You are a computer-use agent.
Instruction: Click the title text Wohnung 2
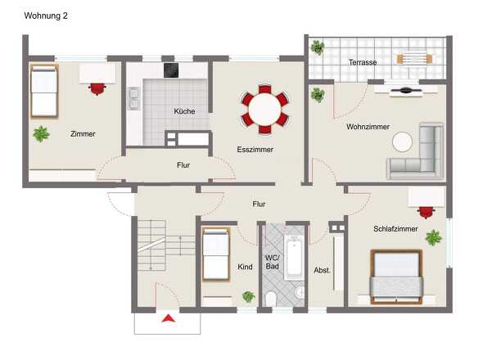47,16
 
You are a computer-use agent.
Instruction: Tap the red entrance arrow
168,319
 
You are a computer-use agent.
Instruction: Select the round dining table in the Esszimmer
264,108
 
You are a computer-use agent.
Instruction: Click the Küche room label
184,111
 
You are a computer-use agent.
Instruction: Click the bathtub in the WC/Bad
294,259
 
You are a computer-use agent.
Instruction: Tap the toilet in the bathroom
271,299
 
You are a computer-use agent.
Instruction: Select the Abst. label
322,268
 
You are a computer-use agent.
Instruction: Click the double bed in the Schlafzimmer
396,277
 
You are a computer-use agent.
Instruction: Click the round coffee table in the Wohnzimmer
402,142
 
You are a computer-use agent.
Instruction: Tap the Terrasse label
363,61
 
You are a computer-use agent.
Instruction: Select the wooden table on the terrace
413,58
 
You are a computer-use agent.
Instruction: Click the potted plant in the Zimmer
41,133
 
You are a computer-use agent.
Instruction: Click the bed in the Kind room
215,255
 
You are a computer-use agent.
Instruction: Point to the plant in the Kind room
248,296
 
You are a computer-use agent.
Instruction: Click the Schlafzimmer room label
395,229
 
